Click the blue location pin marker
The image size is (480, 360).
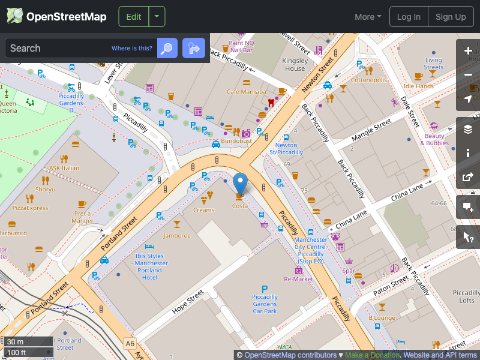click(240, 182)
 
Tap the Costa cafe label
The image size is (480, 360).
click(240, 206)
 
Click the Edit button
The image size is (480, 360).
click(134, 17)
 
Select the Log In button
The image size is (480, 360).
click(409, 17)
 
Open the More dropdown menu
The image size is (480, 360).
click(368, 17)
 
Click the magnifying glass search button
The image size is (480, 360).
click(167, 48)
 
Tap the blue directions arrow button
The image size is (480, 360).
click(194, 48)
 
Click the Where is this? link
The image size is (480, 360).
click(132, 49)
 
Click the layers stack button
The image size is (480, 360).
click(468, 129)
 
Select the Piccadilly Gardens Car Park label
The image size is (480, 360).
click(265, 304)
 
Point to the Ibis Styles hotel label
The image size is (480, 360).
click(149, 267)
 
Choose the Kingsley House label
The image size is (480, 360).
click(295, 64)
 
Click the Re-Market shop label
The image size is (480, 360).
click(299, 279)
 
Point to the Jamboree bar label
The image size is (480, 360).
click(176, 236)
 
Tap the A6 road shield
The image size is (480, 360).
click(130, 343)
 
